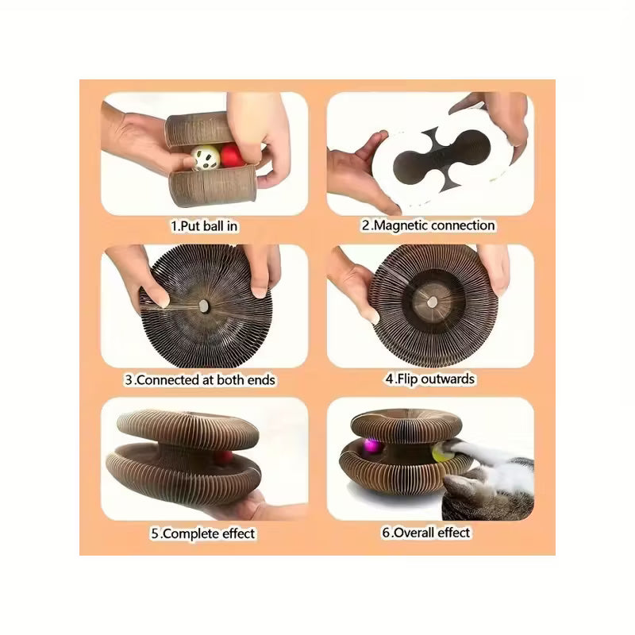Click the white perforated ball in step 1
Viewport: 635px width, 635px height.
[x=206, y=158]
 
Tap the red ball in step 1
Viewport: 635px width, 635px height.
[x=232, y=156]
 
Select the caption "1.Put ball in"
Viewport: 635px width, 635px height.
[x=204, y=226]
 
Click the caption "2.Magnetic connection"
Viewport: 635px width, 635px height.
[x=429, y=225]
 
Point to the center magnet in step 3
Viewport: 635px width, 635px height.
[x=203, y=306]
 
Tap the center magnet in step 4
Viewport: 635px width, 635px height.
[x=433, y=302]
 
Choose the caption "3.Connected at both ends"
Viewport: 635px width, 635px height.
[x=200, y=380]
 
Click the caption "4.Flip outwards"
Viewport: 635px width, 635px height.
[x=430, y=379]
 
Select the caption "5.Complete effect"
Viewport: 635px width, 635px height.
[x=203, y=533]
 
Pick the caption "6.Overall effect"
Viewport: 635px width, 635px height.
[x=426, y=533]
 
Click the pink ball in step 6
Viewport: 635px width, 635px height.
[x=372, y=447]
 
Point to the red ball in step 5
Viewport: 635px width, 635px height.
[x=224, y=458]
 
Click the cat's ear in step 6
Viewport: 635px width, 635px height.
[x=458, y=484]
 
